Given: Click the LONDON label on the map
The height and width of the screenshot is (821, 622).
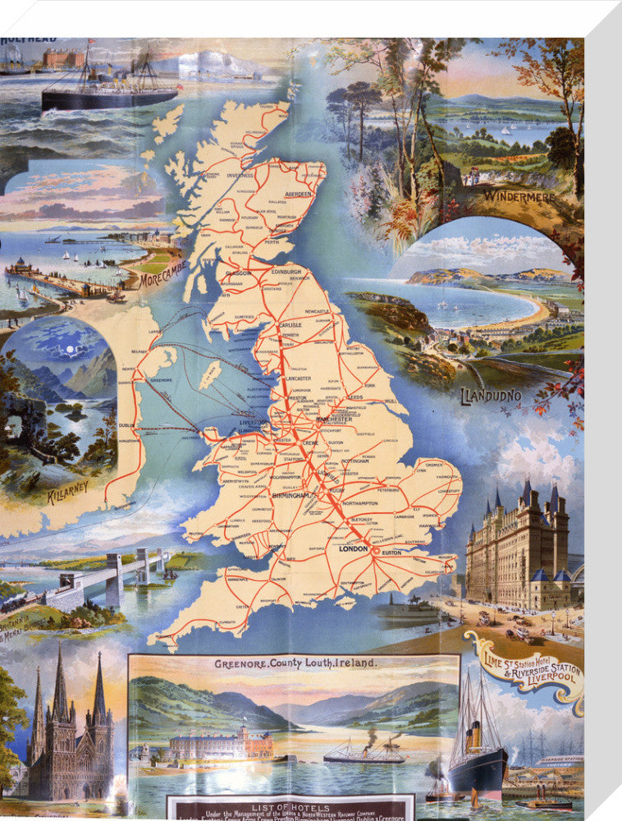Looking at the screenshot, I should point(354,548).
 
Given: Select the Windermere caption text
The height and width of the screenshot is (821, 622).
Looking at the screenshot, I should point(519,197).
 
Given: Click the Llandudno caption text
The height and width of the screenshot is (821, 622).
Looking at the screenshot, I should point(491,395).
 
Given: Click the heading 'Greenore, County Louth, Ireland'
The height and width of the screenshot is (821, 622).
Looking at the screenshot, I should point(295,663).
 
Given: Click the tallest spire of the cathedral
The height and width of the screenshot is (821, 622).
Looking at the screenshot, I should point(60,681).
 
